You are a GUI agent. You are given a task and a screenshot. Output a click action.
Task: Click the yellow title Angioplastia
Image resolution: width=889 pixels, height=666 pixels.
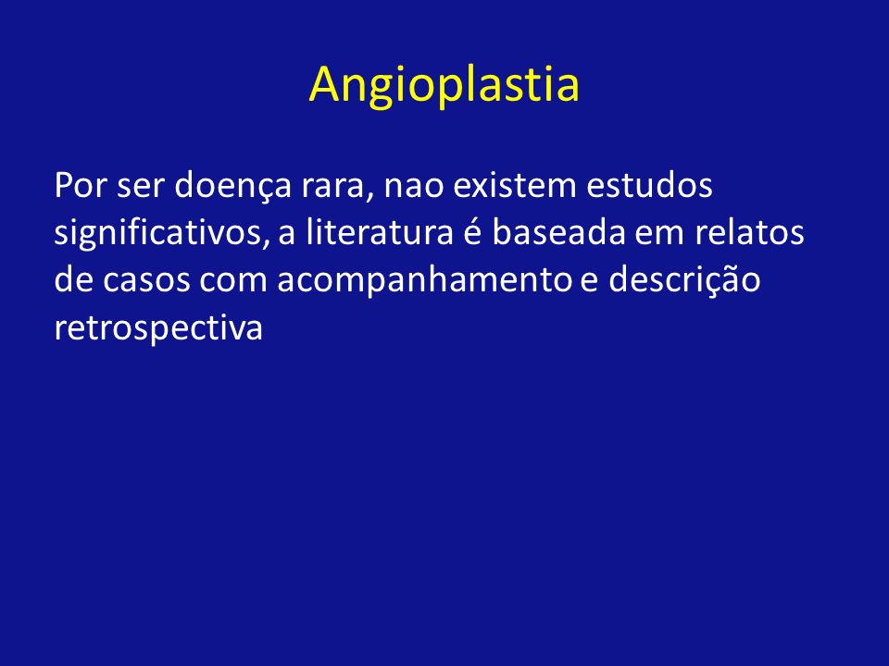coord(444,85)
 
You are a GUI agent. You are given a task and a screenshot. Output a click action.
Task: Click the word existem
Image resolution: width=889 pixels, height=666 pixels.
coord(514,185)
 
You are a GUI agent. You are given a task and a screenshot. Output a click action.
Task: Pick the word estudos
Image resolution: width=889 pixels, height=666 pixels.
coord(649,185)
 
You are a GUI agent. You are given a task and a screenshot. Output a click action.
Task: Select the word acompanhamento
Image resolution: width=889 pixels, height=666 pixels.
coord(425,282)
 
